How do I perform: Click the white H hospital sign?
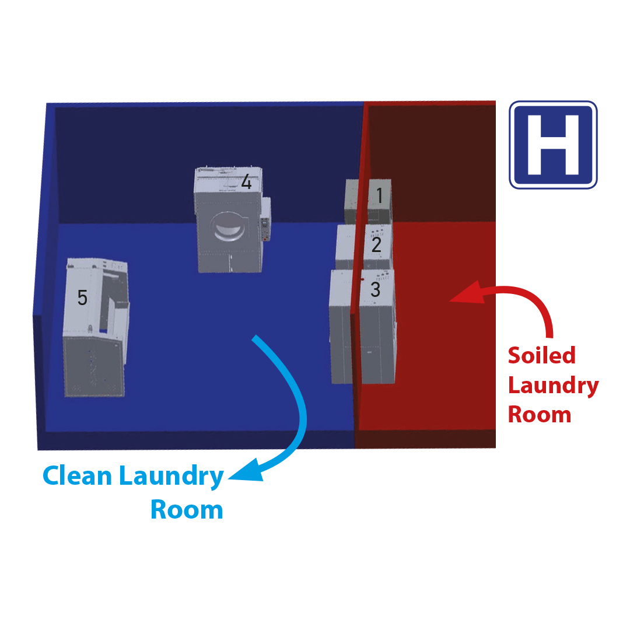pos(553,145)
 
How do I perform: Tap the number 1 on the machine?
pos(379,196)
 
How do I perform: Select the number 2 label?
pos(376,244)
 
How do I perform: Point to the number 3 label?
pos(375,289)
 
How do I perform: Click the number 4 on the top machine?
pos(246,183)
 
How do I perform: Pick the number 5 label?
pos(82,297)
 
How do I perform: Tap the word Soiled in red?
pos(541,355)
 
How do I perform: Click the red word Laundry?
pos(553,386)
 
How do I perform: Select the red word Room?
pos(539,415)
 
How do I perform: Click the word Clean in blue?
pos(77,477)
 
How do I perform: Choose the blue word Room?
pos(187,510)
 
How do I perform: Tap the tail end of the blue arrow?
pos(255,338)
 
